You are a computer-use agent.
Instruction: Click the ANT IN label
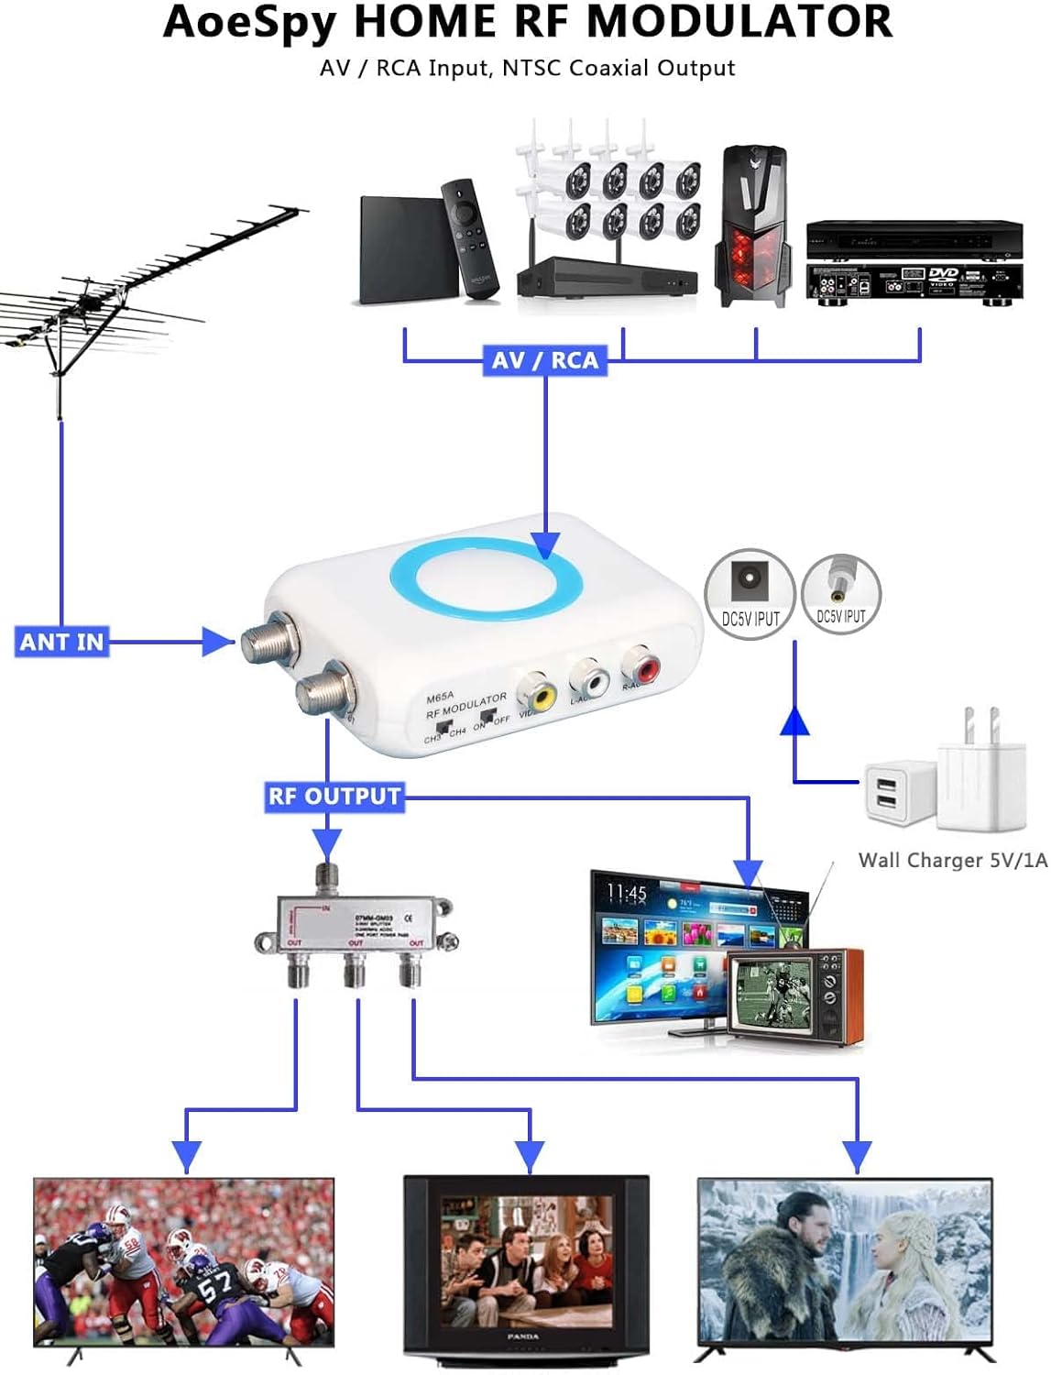[x=61, y=642]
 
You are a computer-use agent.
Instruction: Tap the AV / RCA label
[x=544, y=360]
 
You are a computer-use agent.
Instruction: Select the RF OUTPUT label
[x=334, y=796]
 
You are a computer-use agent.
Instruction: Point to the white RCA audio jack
[x=589, y=680]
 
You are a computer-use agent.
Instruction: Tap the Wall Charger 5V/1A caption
[x=952, y=860]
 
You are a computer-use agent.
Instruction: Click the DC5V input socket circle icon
[x=749, y=594]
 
